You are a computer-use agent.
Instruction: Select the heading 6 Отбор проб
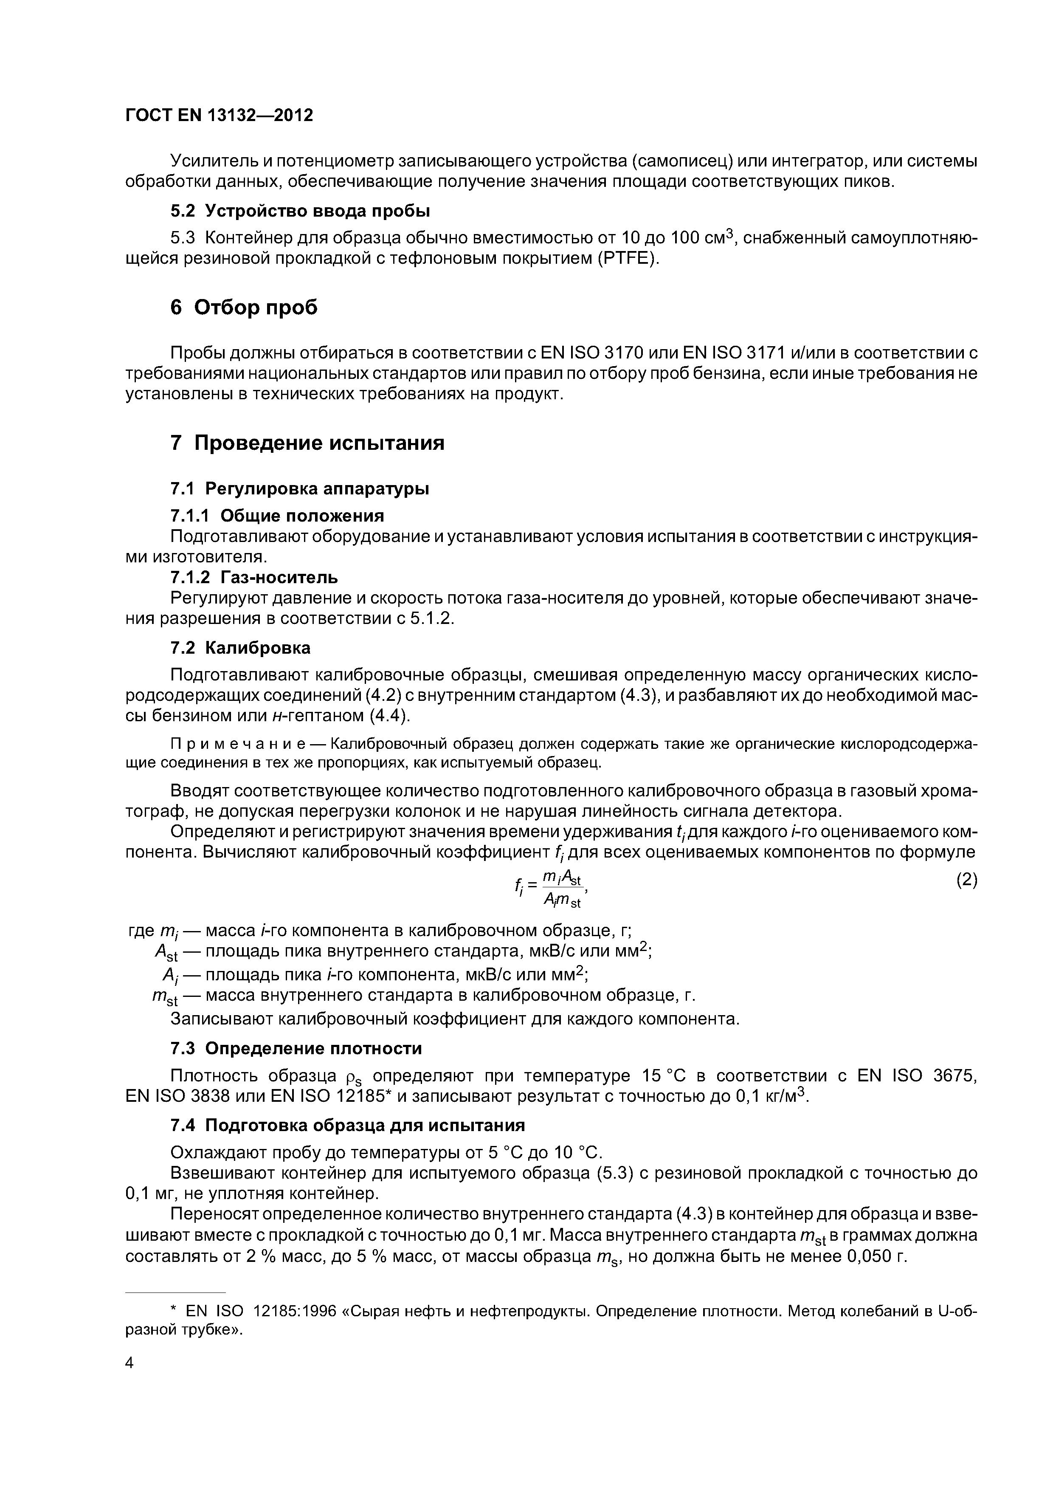[x=244, y=307]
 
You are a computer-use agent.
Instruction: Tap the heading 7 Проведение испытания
[x=307, y=443]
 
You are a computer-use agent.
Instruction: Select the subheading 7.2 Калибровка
[x=240, y=648]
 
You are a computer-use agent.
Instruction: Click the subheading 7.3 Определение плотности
[x=296, y=1049]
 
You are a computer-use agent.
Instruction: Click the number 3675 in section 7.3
[x=954, y=1077]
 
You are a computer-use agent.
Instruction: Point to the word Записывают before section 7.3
[x=221, y=1019]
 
